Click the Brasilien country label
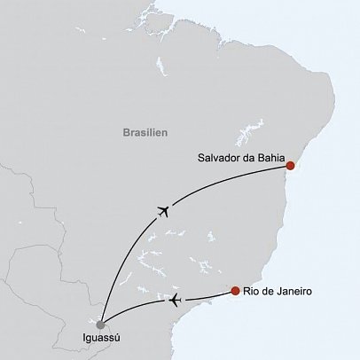[x=145, y=131]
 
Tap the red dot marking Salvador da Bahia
[x=290, y=165]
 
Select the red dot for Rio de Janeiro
[x=234, y=291]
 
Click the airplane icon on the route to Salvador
[x=162, y=210]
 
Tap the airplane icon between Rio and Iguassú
[x=175, y=301]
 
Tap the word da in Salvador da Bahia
[x=246, y=160]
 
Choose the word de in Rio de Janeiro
[x=269, y=292]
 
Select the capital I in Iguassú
[x=81, y=340]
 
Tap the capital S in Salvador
[x=200, y=160]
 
